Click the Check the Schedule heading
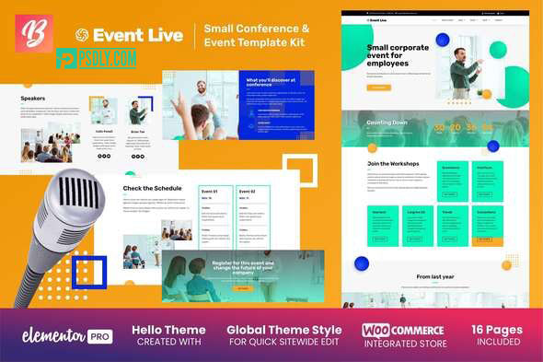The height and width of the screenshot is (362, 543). click(x=151, y=189)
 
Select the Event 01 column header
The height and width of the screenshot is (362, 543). click(x=210, y=193)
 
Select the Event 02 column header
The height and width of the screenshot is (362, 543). click(x=247, y=193)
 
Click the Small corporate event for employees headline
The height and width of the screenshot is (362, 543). click(x=396, y=58)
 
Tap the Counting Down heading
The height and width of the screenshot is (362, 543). click(x=387, y=121)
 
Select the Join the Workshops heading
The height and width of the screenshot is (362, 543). click(x=393, y=164)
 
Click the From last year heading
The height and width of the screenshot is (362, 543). click(x=435, y=275)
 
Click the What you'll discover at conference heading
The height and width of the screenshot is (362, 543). click(x=271, y=84)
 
